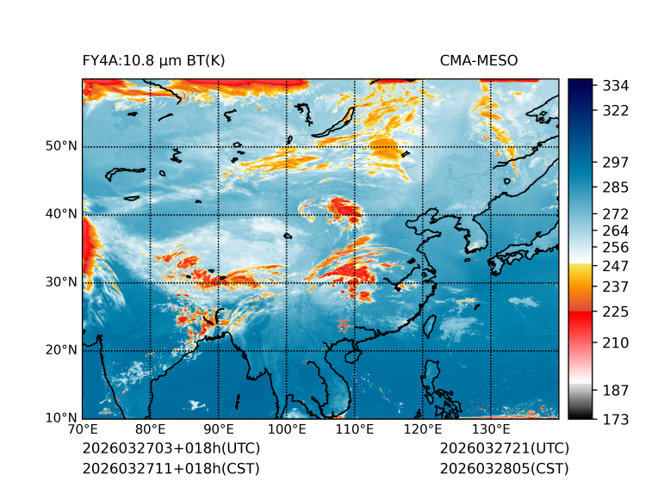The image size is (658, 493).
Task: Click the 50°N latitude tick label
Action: click(x=61, y=146)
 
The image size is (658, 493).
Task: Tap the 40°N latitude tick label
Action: click(x=61, y=214)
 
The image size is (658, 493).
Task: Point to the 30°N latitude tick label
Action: click(x=61, y=282)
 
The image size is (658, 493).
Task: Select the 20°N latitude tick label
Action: click(x=61, y=350)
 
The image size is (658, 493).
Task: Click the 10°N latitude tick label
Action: click(x=61, y=418)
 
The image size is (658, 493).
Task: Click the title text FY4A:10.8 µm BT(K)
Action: click(x=153, y=60)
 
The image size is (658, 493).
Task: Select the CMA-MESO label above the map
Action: click(x=479, y=60)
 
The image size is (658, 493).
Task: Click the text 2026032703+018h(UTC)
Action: click(x=171, y=449)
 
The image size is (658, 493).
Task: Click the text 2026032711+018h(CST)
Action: click(x=171, y=469)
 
